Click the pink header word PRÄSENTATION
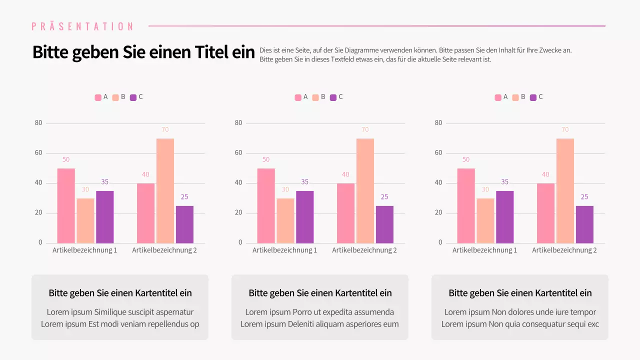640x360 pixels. pos(82,26)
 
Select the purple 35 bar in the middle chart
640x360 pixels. pos(304,217)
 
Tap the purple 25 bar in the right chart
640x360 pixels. pos(584,224)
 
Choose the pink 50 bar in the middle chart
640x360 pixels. pos(265,205)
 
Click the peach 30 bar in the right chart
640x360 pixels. pos(485,220)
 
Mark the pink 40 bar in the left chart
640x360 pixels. pos(145,213)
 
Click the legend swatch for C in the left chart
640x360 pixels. pos(133,97)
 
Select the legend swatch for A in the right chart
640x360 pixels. pos(498,97)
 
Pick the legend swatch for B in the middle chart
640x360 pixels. pos(315,97)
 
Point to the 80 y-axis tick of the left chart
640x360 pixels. pos(38,123)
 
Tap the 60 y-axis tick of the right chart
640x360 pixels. pos(438,153)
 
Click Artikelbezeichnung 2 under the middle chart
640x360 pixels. pos(364,250)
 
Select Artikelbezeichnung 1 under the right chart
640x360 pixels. pos(484,250)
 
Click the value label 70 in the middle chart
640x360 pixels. pos(365,130)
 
